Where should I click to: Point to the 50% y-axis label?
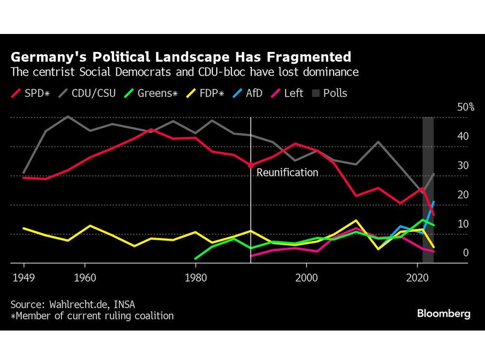466,107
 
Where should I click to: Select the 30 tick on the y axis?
463,165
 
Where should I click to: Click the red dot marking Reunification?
250,165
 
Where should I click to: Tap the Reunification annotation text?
287,173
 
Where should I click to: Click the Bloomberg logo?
443,314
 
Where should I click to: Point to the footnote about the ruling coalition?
92,316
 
